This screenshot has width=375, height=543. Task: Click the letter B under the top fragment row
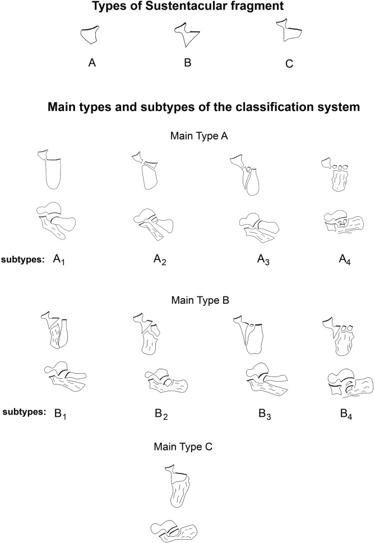click(188, 63)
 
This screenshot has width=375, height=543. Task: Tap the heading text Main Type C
click(188, 447)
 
